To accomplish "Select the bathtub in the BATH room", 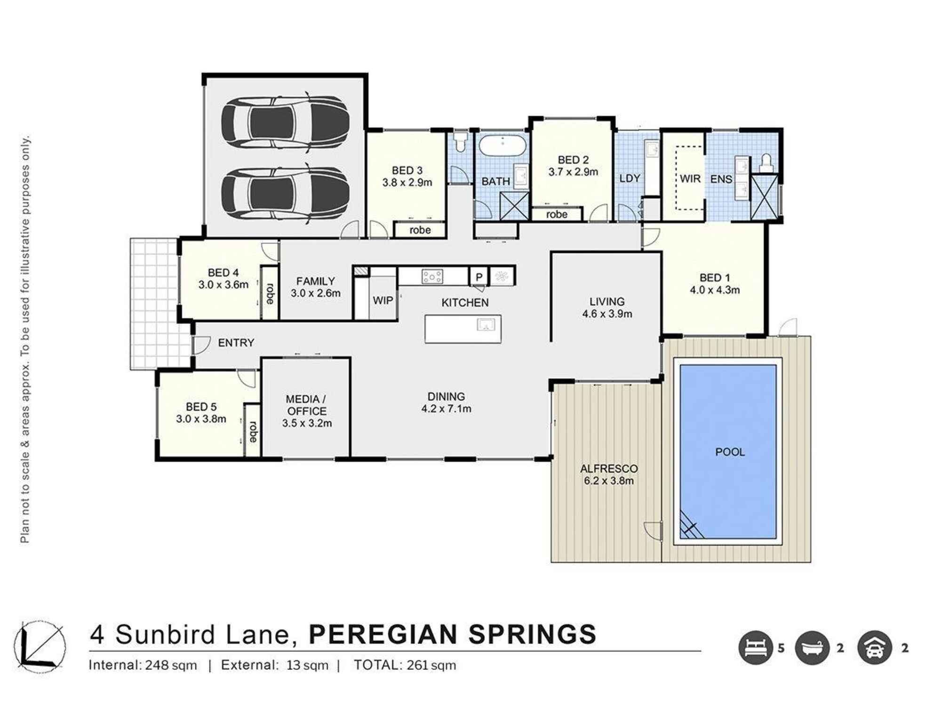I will pyautogui.click(x=502, y=145).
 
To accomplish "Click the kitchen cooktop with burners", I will pyautogui.click(x=432, y=276).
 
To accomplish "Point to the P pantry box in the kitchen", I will pyautogui.click(x=479, y=277).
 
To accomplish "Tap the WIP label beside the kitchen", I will pyautogui.click(x=383, y=300).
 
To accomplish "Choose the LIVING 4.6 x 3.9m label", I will pyautogui.click(x=607, y=307).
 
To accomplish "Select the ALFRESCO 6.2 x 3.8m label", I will pyautogui.click(x=608, y=474).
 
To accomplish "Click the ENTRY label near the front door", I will pyautogui.click(x=236, y=343).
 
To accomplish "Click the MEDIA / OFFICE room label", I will pyautogui.click(x=307, y=411).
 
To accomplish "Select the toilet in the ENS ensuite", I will pyautogui.click(x=766, y=162).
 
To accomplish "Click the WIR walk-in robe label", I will pyautogui.click(x=690, y=179).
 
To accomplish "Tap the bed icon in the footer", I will pyautogui.click(x=756, y=648).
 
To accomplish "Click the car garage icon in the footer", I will pyautogui.click(x=875, y=648).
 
